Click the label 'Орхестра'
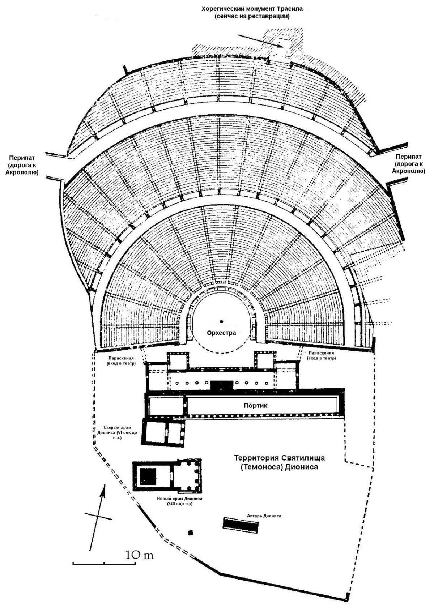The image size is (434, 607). click(x=221, y=333)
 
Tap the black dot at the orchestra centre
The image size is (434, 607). click(x=221, y=322)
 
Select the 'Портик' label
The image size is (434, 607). click(x=255, y=405)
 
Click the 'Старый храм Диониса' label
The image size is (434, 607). click(x=118, y=433)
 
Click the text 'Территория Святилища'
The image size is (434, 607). click(x=280, y=458)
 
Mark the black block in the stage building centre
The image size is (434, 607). click(x=222, y=385)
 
